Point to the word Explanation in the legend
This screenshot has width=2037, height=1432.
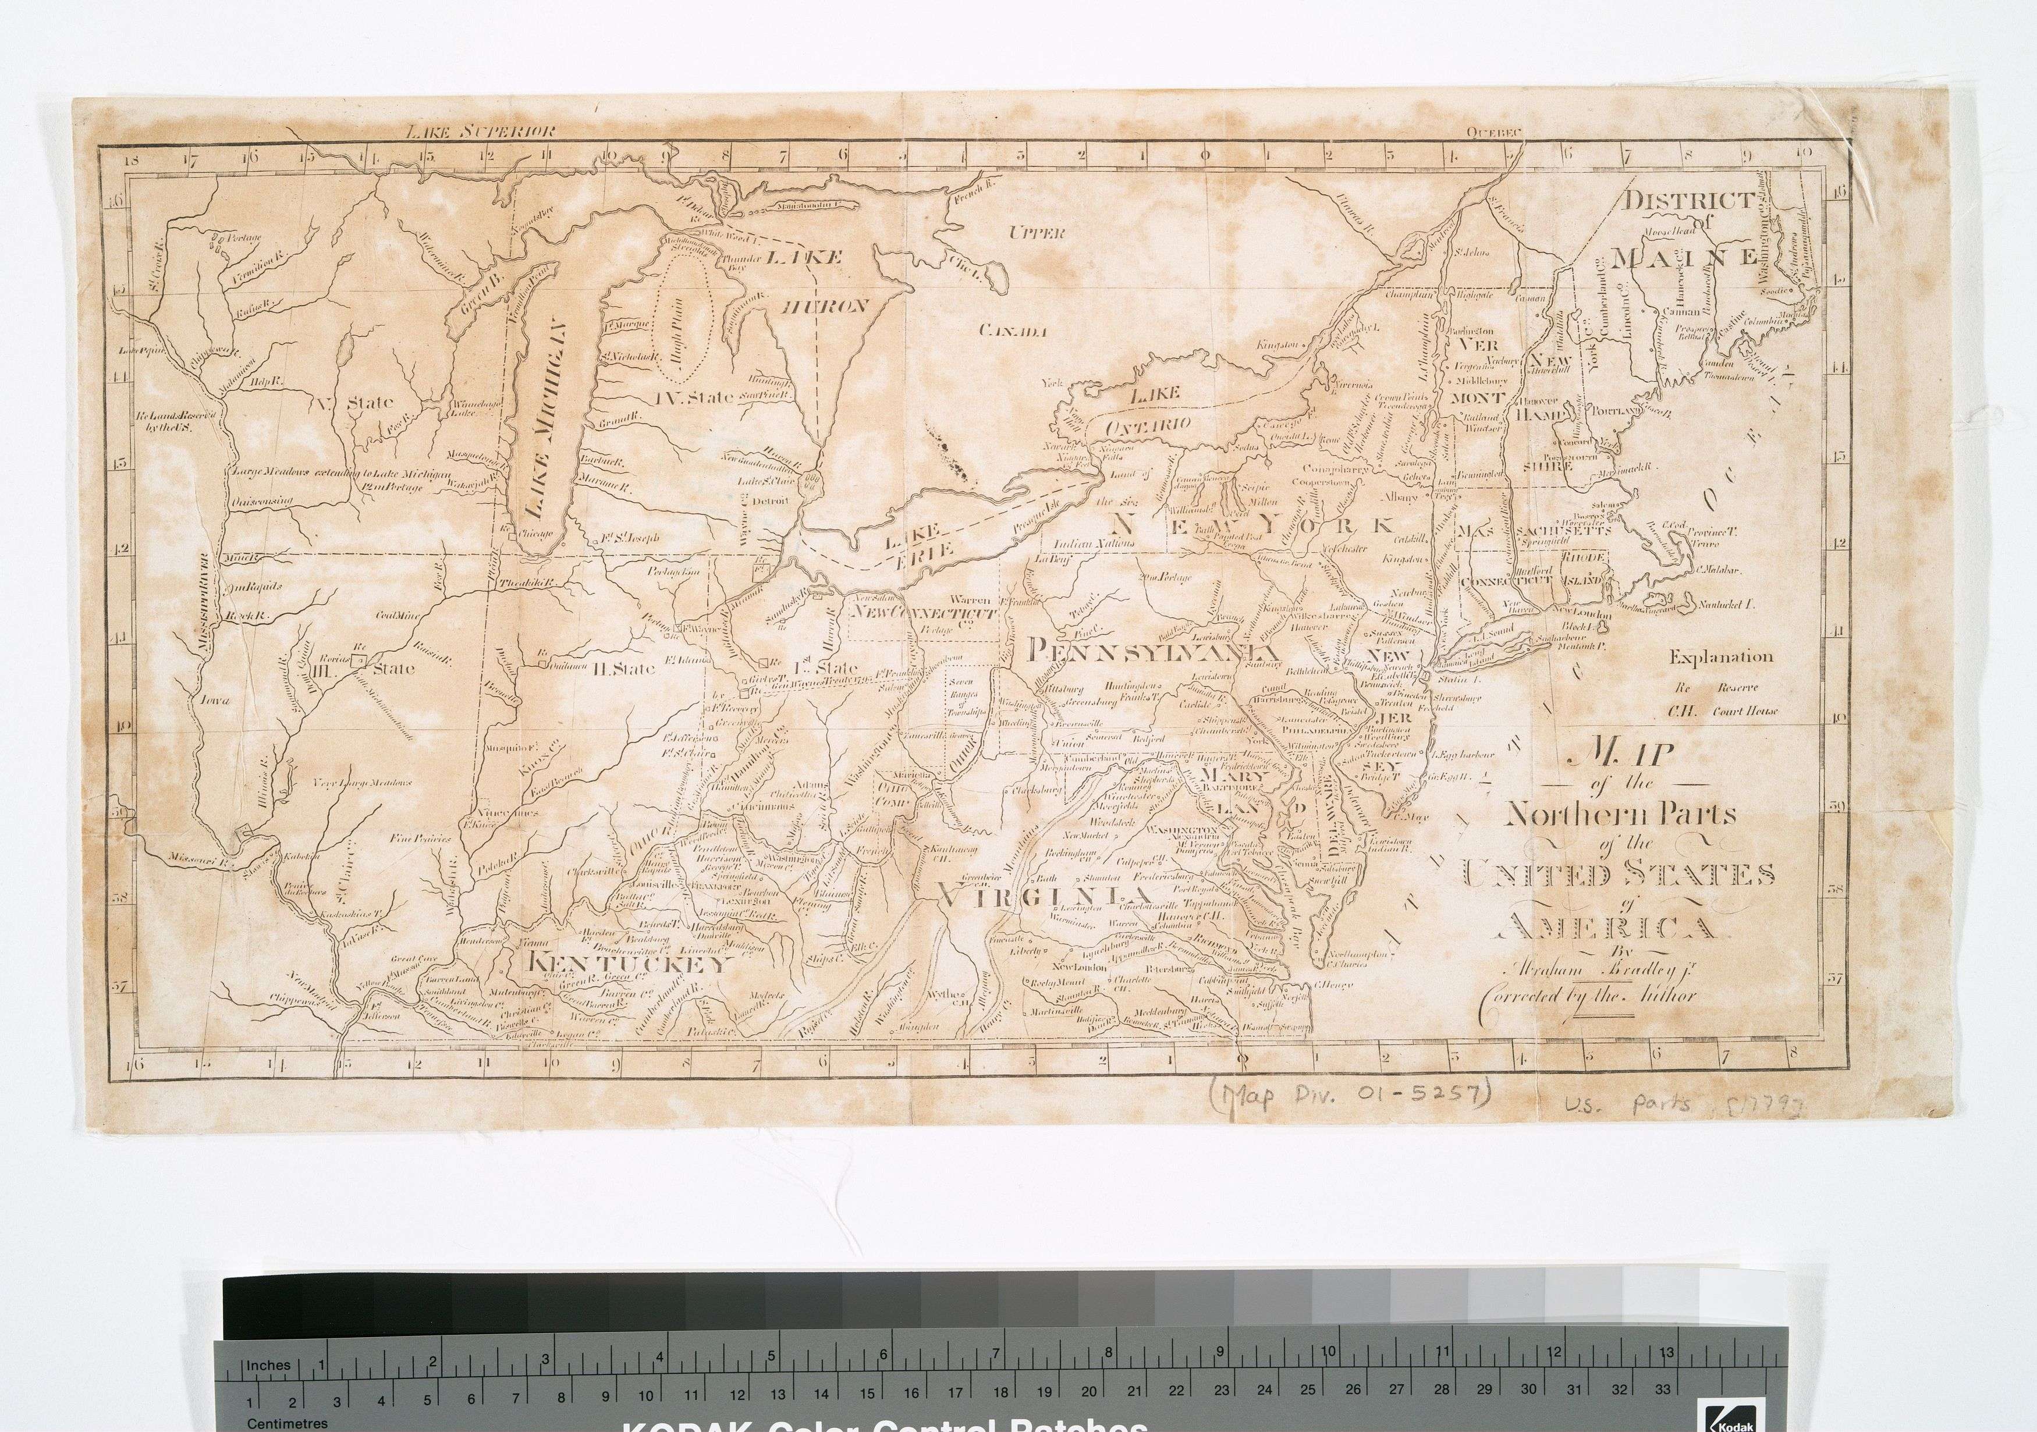click(x=1721, y=658)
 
